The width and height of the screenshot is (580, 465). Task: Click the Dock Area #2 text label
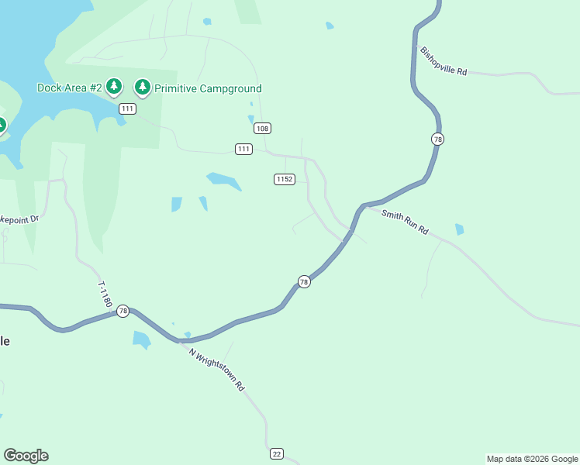pos(70,88)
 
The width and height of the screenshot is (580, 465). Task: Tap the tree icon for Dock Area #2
pos(114,86)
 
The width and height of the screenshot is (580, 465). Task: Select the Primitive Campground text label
pos(208,88)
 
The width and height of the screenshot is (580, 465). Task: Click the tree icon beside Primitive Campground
pos(142,86)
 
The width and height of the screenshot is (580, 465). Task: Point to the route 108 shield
pos(262,128)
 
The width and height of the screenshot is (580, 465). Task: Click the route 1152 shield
pos(285,179)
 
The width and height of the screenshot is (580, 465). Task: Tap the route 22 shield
pos(277,453)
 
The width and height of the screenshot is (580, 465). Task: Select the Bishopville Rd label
pos(444,61)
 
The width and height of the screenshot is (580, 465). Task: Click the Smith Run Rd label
pos(405,221)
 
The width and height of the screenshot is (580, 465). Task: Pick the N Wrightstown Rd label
pos(217,367)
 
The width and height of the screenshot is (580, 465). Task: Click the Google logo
pos(26,456)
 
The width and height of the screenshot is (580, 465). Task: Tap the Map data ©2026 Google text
pos(532,459)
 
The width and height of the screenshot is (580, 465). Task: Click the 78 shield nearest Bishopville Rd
pos(438,139)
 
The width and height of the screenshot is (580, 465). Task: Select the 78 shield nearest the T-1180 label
pos(123,311)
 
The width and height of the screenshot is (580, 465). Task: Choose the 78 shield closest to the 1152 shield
pos(304,282)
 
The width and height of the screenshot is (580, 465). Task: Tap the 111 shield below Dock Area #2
pos(128,108)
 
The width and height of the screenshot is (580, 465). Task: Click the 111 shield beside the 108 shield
pos(243,149)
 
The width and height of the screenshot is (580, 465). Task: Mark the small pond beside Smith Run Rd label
pos(460,229)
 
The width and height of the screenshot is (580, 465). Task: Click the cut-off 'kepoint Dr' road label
pos(19,219)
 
